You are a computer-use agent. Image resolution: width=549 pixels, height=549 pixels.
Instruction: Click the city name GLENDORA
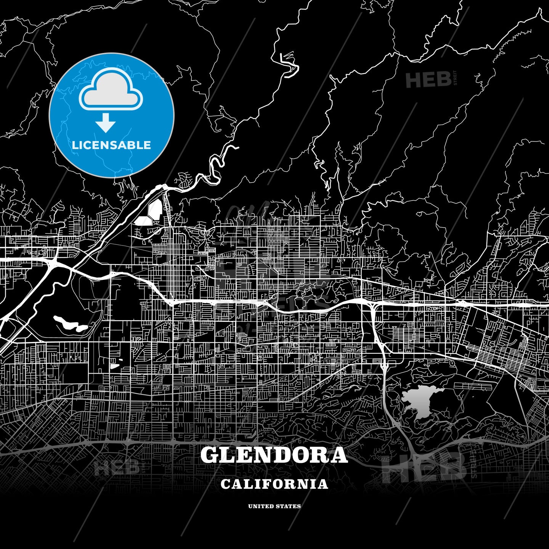(x=274, y=455)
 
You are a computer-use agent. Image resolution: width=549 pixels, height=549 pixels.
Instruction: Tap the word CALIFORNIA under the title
(x=274, y=484)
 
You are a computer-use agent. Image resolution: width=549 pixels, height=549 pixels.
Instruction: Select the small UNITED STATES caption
(x=274, y=506)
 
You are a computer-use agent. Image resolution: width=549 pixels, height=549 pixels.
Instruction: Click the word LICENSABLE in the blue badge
(x=111, y=145)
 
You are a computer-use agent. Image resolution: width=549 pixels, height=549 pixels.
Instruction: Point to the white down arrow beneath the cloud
(x=106, y=123)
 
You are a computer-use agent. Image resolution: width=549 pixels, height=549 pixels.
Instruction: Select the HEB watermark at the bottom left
(x=116, y=467)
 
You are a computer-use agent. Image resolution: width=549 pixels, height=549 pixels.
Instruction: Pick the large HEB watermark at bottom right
(x=424, y=467)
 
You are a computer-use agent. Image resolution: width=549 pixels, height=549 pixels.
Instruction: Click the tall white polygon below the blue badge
(x=156, y=209)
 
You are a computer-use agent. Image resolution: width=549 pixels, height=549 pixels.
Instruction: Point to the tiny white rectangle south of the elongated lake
(x=114, y=366)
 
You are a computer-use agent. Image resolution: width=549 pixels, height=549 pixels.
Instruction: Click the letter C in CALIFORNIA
(x=225, y=484)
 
